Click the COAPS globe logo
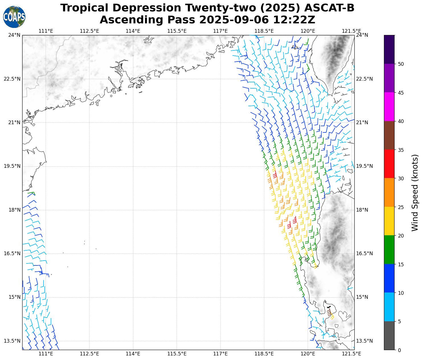(14, 17)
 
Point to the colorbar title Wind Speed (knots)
(415, 193)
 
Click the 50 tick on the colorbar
(401, 64)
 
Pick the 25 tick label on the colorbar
(401, 207)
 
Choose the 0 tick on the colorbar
(399, 350)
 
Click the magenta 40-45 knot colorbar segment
(389, 107)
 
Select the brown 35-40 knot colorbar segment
(389, 135)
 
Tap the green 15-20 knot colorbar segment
(389, 250)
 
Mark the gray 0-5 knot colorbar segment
(389, 336)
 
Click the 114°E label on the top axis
(133, 31)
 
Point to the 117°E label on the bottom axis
(220, 354)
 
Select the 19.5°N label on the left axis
(12, 166)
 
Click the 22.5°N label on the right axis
(365, 79)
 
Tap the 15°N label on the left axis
(14, 297)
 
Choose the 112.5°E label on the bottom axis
(89, 354)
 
